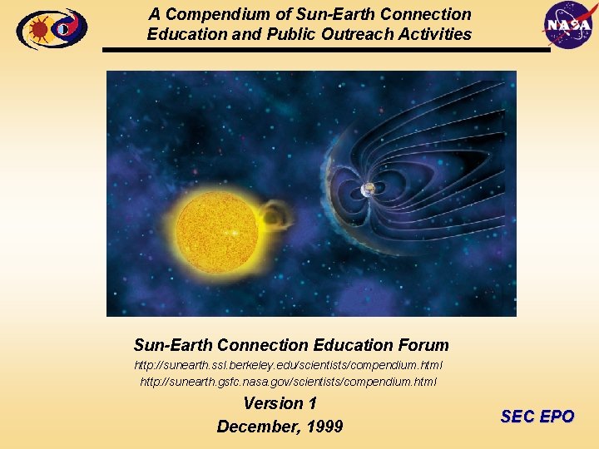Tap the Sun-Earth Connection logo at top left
pos(51,29)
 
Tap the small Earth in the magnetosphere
pos(368,190)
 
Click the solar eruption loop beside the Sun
pos(274,217)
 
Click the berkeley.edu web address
pos(289,366)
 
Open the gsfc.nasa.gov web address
pos(289,382)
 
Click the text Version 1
pos(280,403)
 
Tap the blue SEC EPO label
pos(537,417)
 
